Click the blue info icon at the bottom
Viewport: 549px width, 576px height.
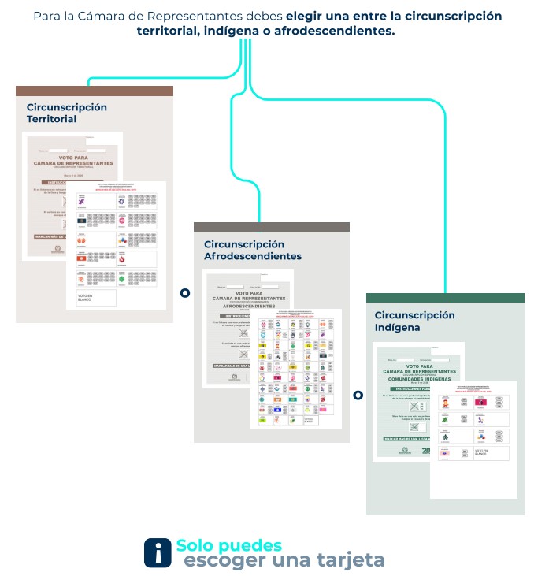pos(158,552)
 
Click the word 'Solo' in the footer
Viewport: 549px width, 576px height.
pos(194,545)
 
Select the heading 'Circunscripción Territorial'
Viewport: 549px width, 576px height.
pos(66,113)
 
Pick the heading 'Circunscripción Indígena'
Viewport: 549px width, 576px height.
pos(414,321)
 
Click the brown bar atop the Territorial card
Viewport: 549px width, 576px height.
pos(95,91)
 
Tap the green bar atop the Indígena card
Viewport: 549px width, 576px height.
pos(445,297)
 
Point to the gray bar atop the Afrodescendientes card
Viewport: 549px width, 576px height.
pos(271,227)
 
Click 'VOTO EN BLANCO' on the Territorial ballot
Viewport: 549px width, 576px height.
pos(86,297)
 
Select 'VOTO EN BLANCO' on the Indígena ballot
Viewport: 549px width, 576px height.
pos(481,453)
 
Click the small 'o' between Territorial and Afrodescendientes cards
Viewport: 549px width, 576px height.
pos(184,293)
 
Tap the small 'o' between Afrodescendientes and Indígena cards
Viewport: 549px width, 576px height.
pos(358,395)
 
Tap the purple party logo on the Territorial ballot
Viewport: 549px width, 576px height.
pos(82,201)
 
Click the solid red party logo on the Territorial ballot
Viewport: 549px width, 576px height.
pos(81,258)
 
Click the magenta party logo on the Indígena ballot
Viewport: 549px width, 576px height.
pos(480,402)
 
